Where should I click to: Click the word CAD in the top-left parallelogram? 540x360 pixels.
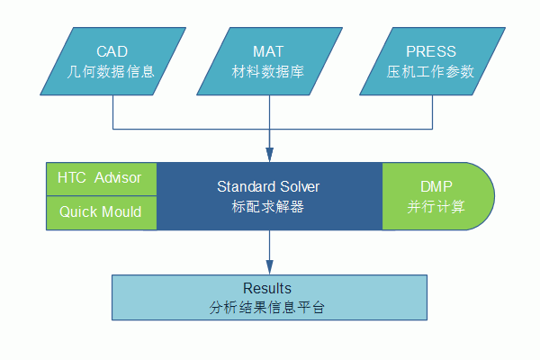(x=112, y=51)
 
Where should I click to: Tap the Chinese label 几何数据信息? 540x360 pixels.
(x=111, y=72)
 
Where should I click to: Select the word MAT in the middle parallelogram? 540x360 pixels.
(x=268, y=51)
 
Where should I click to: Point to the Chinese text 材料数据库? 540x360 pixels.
(x=268, y=72)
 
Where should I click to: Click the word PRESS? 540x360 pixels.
(x=431, y=51)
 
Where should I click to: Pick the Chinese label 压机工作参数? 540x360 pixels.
(x=430, y=72)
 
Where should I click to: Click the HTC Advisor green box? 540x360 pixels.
(x=102, y=179)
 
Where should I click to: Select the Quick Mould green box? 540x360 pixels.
(x=102, y=213)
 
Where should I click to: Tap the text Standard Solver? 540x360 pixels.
(x=268, y=186)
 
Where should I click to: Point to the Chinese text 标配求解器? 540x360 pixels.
(x=268, y=207)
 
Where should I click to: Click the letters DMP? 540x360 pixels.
(x=436, y=186)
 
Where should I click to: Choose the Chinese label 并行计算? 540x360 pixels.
(x=436, y=207)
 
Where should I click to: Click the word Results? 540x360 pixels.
(x=267, y=288)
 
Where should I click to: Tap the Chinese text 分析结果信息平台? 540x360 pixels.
(x=267, y=307)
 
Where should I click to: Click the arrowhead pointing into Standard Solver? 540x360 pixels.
(x=270, y=155)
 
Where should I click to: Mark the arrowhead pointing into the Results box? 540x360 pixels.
(x=270, y=267)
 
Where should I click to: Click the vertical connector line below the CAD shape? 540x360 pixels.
(x=113, y=112)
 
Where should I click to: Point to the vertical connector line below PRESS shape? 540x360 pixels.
(x=432, y=112)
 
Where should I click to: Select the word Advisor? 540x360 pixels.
(x=118, y=178)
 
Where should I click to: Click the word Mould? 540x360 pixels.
(x=121, y=211)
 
